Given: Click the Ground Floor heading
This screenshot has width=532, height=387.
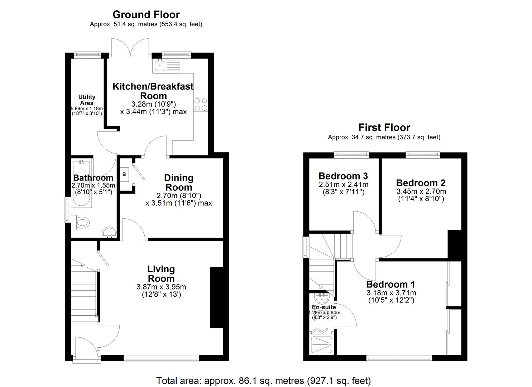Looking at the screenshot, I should point(146,15).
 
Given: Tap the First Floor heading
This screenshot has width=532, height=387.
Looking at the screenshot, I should point(384,127).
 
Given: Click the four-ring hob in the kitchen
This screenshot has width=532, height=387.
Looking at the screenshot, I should point(201,104).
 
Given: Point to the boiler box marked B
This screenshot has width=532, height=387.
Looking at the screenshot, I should point(124,175).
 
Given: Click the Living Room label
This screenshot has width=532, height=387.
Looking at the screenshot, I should point(161,274).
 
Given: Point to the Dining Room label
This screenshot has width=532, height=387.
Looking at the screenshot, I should point(178,182).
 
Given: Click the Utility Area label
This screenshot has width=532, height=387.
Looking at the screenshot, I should point(87,100).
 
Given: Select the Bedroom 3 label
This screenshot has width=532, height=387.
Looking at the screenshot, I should point(343,176).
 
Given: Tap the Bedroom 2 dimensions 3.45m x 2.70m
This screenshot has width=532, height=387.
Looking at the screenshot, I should point(421,192).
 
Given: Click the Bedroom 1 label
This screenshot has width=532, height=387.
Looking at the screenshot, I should point(390,285).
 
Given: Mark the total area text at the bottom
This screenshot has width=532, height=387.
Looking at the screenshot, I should point(263,381).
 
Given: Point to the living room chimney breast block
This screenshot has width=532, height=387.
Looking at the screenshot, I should point(216,297).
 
